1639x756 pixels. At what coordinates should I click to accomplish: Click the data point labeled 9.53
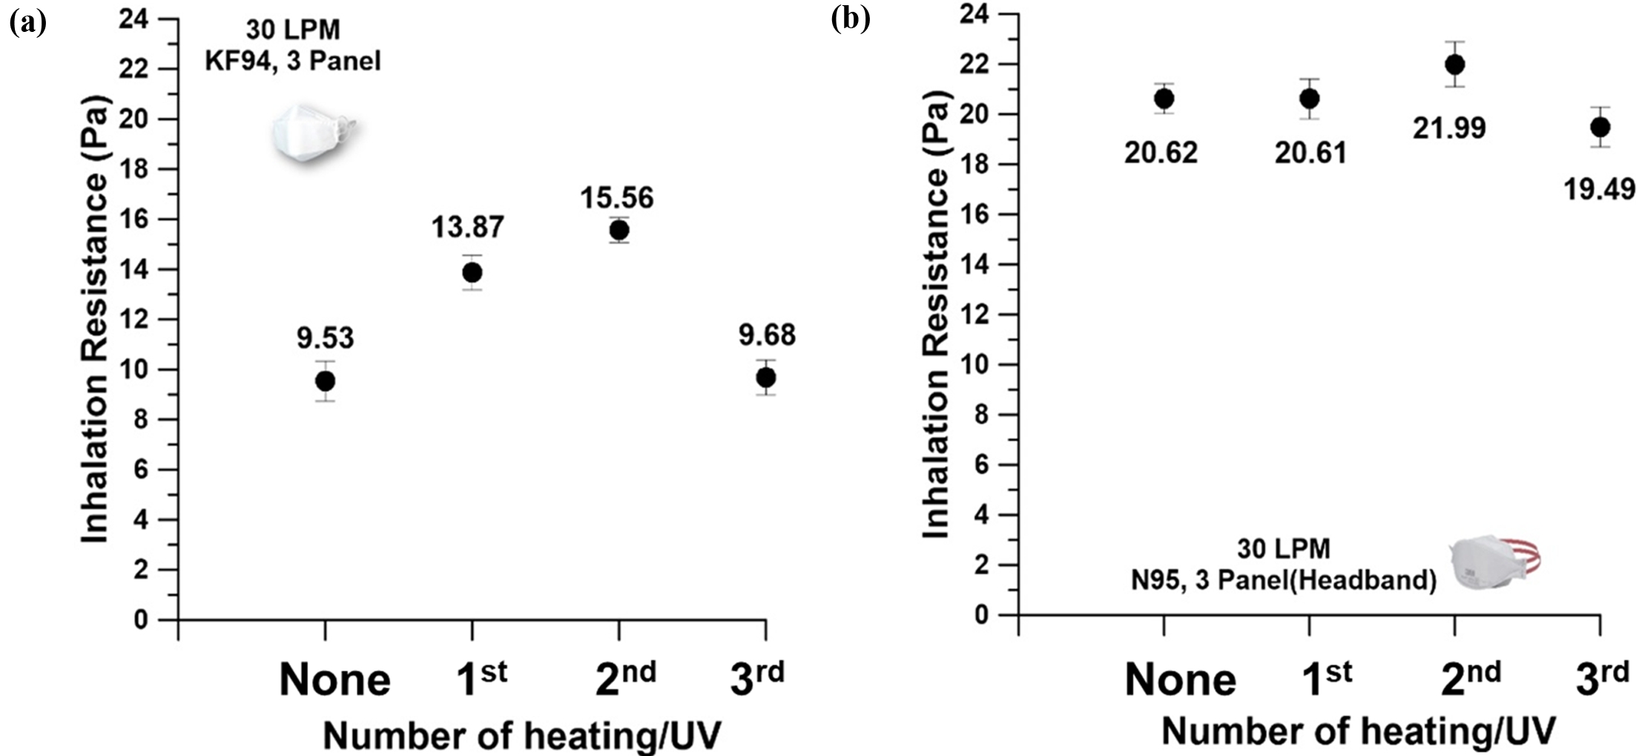pos(325,381)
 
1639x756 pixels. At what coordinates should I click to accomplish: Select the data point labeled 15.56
pos(619,231)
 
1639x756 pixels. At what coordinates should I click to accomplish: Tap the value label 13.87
pos(468,227)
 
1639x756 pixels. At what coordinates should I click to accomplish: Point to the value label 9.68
pos(767,335)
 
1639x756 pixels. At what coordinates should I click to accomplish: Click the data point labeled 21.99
pos(1455,65)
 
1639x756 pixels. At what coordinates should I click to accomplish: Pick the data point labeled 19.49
pos(1600,128)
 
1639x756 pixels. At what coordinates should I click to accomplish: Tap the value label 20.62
pos(1161,153)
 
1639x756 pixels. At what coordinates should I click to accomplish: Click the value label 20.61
pos(1310,153)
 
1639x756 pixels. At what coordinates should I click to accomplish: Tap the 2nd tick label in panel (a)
pos(625,678)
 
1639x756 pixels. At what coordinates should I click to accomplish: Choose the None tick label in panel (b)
pos(1180,680)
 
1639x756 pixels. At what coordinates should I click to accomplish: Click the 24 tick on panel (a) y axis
pos(133,19)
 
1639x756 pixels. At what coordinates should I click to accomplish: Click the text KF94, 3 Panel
pos(293,61)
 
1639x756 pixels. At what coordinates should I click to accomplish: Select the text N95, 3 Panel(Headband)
pos(1284,579)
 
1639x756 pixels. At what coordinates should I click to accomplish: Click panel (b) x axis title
pos(1358,732)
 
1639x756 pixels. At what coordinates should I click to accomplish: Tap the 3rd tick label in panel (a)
pos(757,678)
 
